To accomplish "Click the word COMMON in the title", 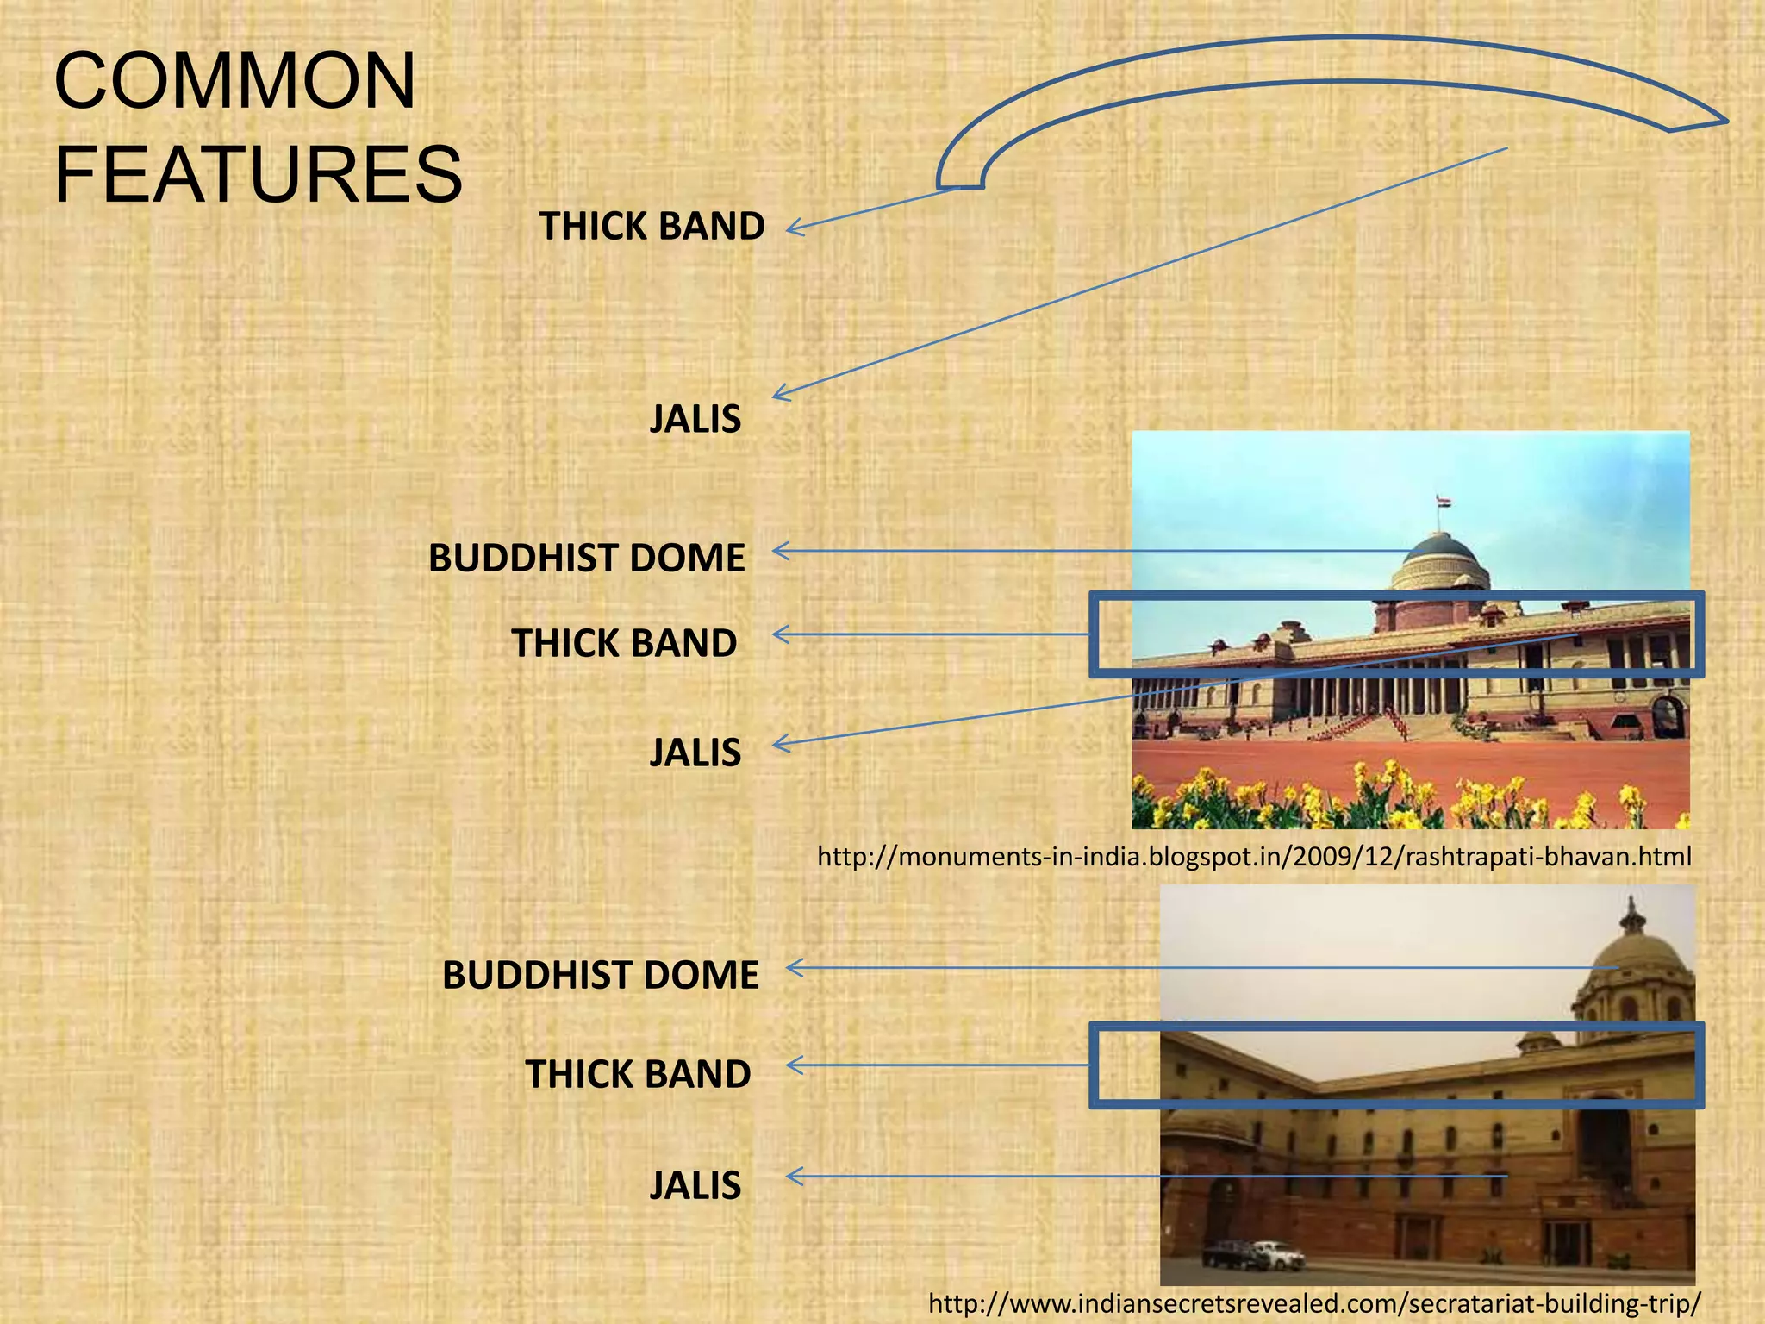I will coord(234,81).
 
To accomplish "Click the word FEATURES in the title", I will coord(259,175).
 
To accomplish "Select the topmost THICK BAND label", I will coord(652,227).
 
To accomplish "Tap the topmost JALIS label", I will coord(695,420).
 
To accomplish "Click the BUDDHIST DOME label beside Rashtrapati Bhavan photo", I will coord(586,559).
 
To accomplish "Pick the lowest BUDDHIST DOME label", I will coord(600,976).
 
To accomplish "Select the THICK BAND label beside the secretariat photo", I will coord(638,1075).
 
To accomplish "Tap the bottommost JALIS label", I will coord(695,1186).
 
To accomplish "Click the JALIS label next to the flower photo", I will coord(695,753).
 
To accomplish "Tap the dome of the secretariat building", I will coord(1631,952).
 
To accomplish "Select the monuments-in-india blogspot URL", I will coord(1254,857).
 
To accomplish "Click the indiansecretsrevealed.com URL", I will coord(1314,1302).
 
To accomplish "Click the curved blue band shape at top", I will coord(1327,60).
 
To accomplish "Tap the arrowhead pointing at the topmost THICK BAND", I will coord(793,228).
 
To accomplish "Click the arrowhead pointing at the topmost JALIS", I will coord(779,394).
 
